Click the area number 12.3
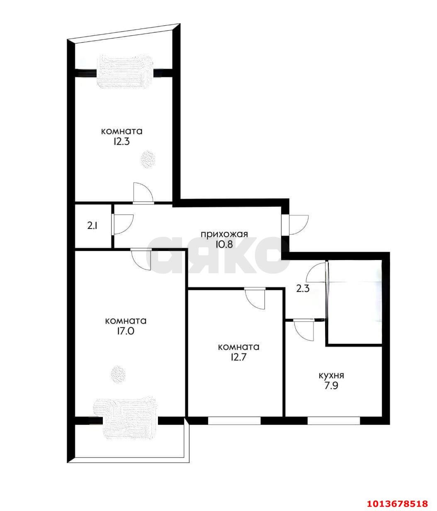pos(121,142)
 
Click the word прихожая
pos(224,234)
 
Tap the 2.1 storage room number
pos(92,226)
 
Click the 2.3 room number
pos(303,289)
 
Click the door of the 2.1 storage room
pos(123,224)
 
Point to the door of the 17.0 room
pos(141,259)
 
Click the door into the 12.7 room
pos(255,298)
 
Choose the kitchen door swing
pos(304,330)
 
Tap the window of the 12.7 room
pos(234,421)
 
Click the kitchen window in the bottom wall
pos(334,421)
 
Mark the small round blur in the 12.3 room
pos(148,159)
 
